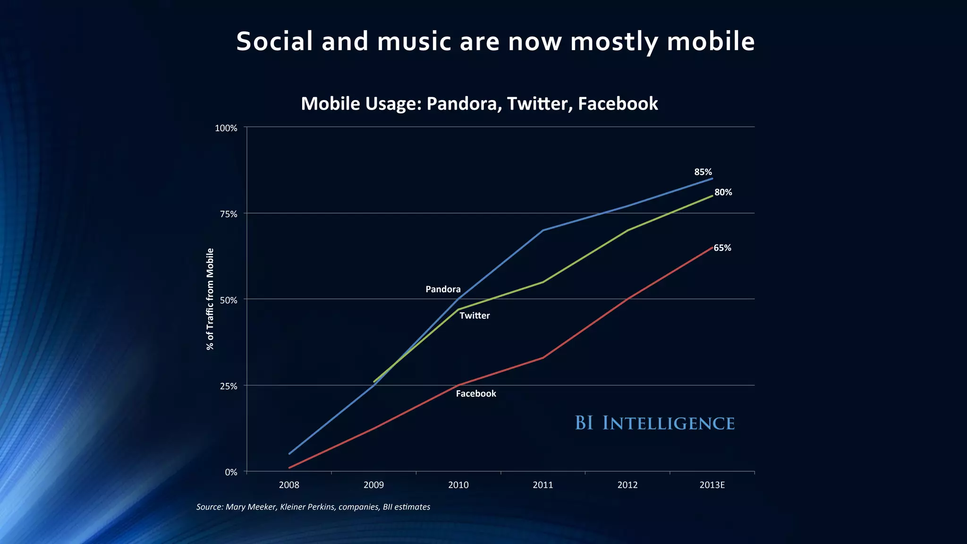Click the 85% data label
(703, 172)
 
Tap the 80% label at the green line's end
(723, 193)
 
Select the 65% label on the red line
(722, 248)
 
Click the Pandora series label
(442, 289)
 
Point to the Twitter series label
(474, 316)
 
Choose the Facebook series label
(475, 394)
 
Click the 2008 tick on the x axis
(289, 485)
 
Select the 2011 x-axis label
(543, 485)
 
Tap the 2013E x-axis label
(712, 485)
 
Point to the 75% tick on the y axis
(229, 214)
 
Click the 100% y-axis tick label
(226, 128)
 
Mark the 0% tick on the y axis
(231, 472)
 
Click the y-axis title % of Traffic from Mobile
(210, 299)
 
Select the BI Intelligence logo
(654, 423)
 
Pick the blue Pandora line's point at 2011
(543, 230)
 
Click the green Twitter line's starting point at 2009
(374, 382)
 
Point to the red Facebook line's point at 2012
(628, 299)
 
